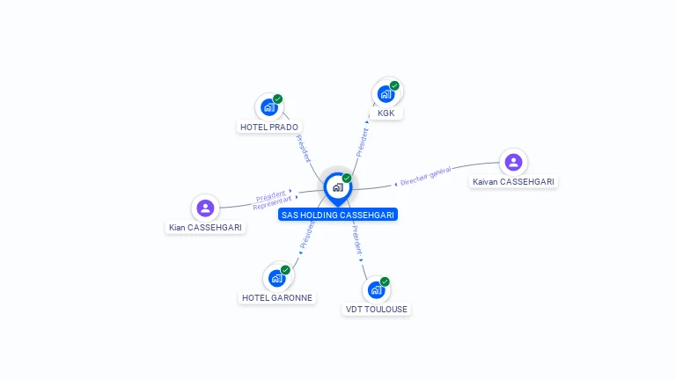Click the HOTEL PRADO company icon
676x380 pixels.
[269, 107]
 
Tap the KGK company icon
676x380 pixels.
[386, 94]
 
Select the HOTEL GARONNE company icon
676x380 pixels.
[276, 278]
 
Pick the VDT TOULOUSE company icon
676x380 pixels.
[377, 290]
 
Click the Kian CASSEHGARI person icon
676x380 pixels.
[205, 208]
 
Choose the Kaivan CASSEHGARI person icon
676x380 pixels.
[513, 163]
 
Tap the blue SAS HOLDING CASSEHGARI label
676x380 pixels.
[338, 215]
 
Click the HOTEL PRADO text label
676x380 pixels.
[269, 127]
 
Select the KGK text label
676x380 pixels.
[386, 113]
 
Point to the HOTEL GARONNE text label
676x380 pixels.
[277, 297]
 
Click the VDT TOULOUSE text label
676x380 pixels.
[377, 310]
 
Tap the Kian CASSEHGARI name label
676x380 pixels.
[205, 228]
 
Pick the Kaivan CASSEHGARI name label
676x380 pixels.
[513, 182]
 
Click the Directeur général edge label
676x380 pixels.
[425, 176]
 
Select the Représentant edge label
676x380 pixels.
[272, 203]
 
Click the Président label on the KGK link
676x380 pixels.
[362, 142]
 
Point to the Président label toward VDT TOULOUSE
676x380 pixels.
[357, 239]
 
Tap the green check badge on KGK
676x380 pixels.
[394, 85]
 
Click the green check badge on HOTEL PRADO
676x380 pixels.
[277, 99]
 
